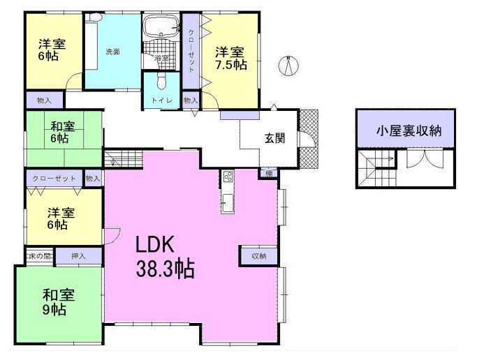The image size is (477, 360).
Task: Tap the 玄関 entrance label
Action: (274, 137)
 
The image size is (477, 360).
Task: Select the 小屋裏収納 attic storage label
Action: (408, 130)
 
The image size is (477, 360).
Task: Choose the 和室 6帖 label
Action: (62, 133)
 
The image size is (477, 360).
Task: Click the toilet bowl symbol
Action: (161, 83)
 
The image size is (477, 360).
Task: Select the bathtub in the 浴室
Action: (162, 28)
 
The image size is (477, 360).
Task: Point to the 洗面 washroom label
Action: (113, 52)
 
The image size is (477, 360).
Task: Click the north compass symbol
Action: (288, 66)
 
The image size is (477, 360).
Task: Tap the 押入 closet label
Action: (78, 257)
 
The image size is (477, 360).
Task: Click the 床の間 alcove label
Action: (39, 257)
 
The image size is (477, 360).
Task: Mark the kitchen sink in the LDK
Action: (228, 204)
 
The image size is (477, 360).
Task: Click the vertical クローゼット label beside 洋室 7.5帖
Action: (191, 51)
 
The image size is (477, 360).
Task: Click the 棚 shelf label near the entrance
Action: (268, 172)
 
